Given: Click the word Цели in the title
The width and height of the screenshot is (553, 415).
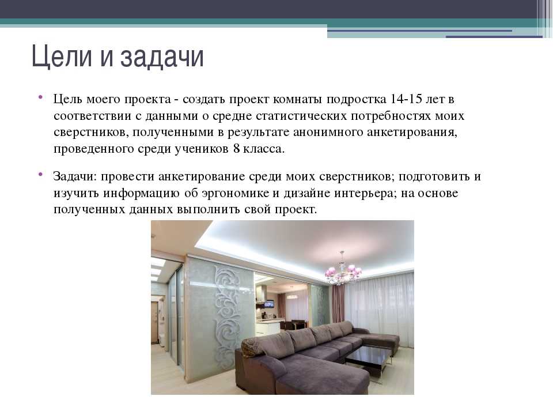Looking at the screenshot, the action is pos(62,56).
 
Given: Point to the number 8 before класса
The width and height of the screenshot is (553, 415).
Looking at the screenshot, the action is pos(236,149).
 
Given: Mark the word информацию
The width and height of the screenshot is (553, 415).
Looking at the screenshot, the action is pos(142,194).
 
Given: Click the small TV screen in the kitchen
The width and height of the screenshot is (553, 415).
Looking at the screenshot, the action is pos(270,304).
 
